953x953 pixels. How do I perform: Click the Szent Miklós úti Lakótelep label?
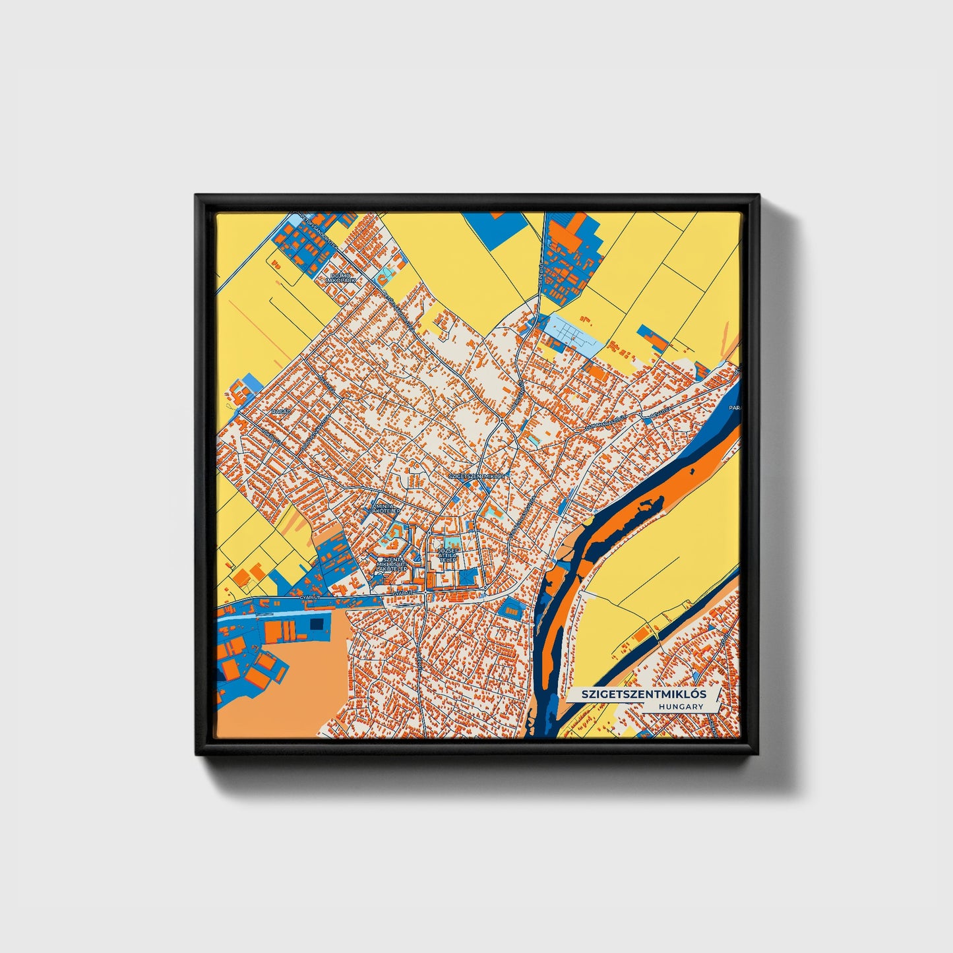391,565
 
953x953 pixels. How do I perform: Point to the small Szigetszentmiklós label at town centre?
476,475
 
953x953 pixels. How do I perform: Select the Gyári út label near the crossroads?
403,593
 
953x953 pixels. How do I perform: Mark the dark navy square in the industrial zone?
317,624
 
